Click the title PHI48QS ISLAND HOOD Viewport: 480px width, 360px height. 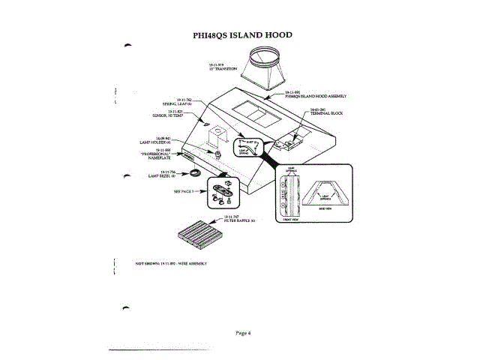click(x=242, y=35)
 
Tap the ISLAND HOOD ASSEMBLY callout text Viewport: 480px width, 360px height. click(x=315, y=95)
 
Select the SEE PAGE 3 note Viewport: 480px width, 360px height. click(x=184, y=191)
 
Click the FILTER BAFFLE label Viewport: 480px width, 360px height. click(x=241, y=220)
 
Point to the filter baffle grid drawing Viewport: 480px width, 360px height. click(x=202, y=238)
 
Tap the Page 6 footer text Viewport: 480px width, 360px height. click(x=241, y=332)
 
